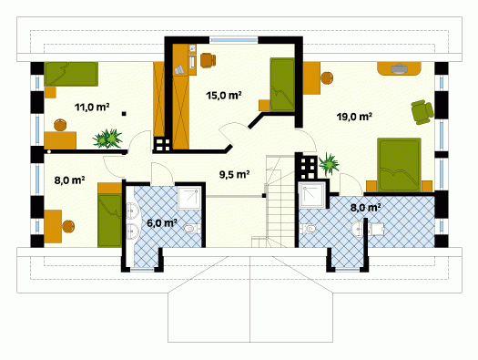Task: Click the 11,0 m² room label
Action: (x=92, y=107)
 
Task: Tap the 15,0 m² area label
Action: (x=224, y=95)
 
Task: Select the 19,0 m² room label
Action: (x=354, y=117)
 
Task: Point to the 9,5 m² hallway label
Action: (x=234, y=174)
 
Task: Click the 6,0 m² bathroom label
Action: (x=162, y=223)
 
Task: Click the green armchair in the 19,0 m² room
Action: (x=422, y=112)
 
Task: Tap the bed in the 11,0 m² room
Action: (x=71, y=74)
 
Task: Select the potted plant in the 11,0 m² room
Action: (x=107, y=139)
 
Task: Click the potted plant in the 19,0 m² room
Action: (x=329, y=164)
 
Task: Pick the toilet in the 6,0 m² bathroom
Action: (x=192, y=229)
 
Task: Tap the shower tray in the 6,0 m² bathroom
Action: (x=189, y=198)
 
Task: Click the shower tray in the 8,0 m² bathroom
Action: (x=310, y=195)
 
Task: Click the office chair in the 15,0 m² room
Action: (x=208, y=59)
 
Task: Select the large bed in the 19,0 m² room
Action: (x=399, y=165)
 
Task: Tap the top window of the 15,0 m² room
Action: (x=234, y=40)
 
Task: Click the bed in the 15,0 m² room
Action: (x=282, y=85)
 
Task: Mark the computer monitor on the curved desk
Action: (x=399, y=68)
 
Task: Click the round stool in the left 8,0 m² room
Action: (x=68, y=226)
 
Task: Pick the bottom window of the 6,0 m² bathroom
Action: (x=142, y=270)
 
